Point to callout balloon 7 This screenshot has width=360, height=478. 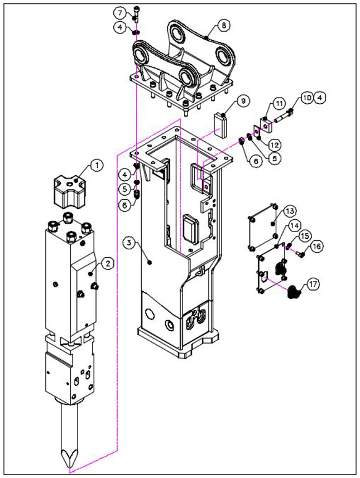click(120, 12)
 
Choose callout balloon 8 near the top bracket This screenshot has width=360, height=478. click(223, 26)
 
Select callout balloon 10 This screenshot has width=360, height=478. click(307, 97)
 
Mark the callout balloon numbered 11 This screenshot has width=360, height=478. click(279, 104)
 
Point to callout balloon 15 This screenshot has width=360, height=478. click(304, 236)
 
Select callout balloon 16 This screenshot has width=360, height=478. click(316, 246)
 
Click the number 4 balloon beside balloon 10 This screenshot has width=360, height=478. click(319, 97)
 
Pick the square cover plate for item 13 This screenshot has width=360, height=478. click(262, 228)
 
